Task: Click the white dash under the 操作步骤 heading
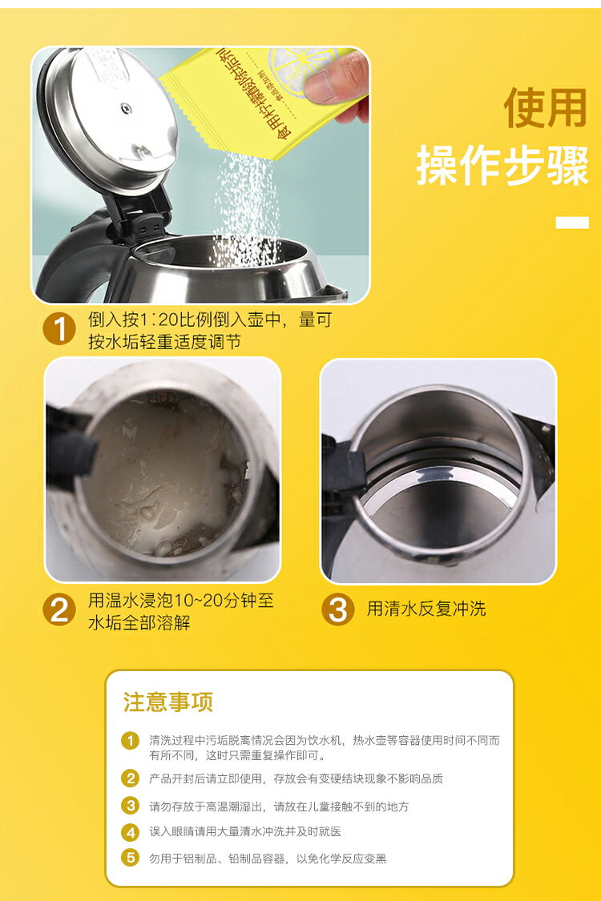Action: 572,222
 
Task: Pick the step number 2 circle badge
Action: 59,610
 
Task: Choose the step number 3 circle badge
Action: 337,610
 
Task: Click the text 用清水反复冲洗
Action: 426,609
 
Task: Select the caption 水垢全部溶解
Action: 139,622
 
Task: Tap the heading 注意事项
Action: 167,702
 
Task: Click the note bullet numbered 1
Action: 130,740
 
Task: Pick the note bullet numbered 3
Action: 130,806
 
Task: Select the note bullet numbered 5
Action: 130,858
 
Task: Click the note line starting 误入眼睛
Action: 245,832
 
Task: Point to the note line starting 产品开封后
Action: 296,778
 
